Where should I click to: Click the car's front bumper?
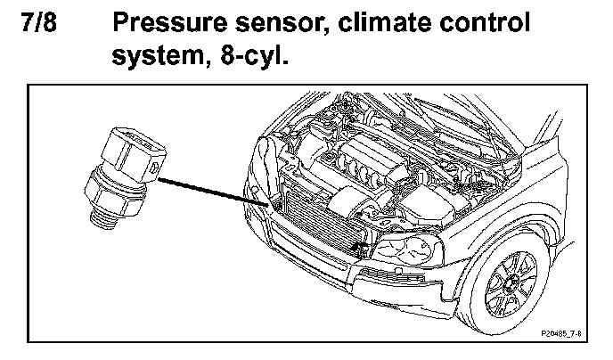pyautogui.click(x=356, y=285)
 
